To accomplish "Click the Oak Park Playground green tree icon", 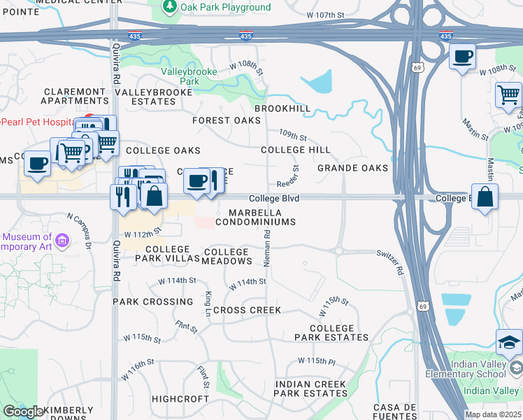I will click(169, 7).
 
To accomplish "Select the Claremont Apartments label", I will click(75, 97).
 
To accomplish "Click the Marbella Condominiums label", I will click(255, 217).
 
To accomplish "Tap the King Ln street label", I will click(208, 303).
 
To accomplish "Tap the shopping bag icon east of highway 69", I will click(485, 197).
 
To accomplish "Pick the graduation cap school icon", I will click(509, 342).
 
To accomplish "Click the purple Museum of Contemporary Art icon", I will click(62, 241).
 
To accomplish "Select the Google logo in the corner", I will click(23, 412).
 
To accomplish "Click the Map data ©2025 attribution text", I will click(493, 414).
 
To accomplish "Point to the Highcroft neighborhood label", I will click(180, 398).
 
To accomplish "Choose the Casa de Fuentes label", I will click(395, 412).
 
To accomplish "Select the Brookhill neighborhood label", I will click(282, 109).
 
